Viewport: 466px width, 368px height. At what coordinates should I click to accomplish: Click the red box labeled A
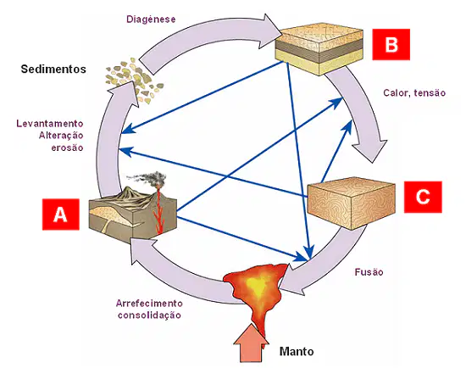(x=61, y=215)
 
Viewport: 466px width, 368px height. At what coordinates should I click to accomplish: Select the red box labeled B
(x=391, y=44)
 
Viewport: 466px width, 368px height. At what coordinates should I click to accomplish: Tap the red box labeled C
(x=423, y=197)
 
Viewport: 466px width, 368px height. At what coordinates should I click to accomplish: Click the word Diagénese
(x=151, y=19)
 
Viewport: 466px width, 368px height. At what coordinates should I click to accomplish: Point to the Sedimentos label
(x=53, y=69)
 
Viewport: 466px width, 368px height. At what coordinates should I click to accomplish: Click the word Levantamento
(x=50, y=124)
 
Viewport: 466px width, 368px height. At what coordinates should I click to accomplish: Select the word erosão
(x=67, y=148)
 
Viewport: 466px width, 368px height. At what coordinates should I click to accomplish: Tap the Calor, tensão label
(x=414, y=92)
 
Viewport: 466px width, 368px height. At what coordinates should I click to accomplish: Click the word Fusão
(x=369, y=272)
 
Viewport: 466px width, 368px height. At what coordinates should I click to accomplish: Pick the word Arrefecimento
(x=149, y=304)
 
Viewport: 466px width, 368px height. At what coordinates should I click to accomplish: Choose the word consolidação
(x=149, y=315)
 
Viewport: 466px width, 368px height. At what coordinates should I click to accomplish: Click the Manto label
(x=297, y=351)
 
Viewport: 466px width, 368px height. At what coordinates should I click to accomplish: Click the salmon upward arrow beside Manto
(x=251, y=343)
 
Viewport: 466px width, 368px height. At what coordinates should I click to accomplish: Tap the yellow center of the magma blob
(x=258, y=285)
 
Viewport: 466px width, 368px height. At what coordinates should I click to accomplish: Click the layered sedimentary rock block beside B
(x=319, y=49)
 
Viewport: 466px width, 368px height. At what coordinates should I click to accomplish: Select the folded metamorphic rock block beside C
(x=352, y=204)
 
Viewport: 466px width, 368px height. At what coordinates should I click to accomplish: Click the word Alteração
(x=61, y=136)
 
